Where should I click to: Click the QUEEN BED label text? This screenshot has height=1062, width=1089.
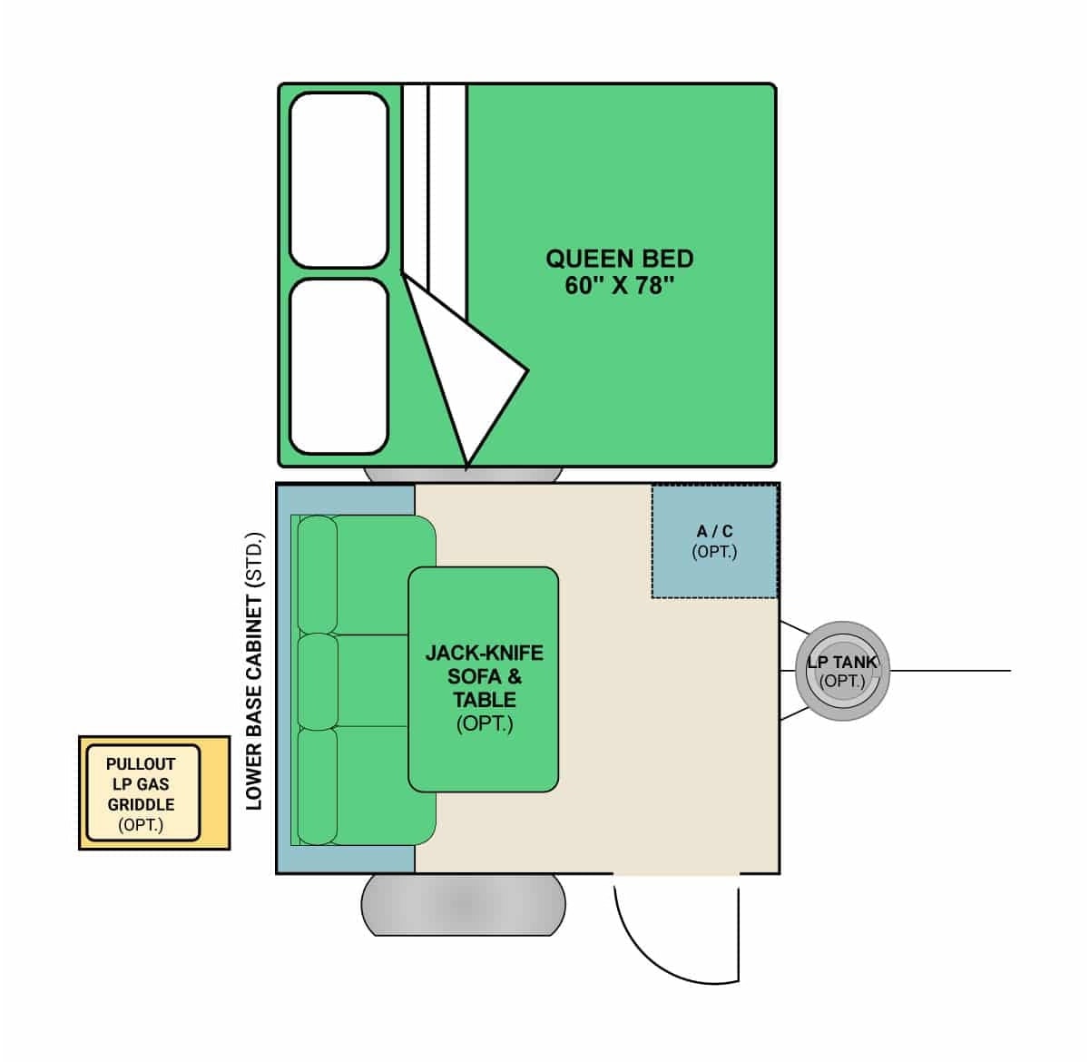620,259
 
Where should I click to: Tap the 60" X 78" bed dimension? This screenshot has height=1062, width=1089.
620,285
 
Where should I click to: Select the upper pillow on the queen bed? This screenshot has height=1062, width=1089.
339,181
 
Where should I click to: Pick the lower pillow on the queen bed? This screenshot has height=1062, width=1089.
339,366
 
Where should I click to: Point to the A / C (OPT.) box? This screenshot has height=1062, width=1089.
714,541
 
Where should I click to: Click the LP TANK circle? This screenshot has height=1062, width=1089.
842,671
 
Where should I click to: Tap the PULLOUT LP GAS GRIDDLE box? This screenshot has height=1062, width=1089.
154,793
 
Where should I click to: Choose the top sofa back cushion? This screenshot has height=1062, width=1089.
318,575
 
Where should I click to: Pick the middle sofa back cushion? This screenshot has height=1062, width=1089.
318,682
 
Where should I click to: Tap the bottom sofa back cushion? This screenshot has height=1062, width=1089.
318,785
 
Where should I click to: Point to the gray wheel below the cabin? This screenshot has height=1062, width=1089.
464,905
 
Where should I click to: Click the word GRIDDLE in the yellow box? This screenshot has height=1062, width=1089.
141,804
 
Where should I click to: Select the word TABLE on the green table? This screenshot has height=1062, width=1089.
485,700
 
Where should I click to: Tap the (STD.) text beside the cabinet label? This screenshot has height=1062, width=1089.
255,560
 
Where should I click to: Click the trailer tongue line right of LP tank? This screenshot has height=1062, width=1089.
949,671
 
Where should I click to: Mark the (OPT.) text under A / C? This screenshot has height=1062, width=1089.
714,552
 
